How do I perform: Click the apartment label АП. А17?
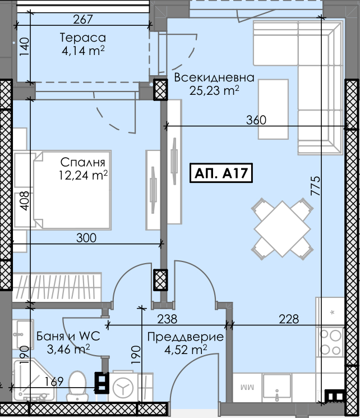tap(221, 173)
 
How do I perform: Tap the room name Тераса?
tap(83, 38)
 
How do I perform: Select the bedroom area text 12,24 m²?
tap(84, 175)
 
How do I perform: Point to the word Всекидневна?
tap(214, 77)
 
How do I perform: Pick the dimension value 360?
tap(256, 120)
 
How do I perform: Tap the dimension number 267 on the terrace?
tap(83, 19)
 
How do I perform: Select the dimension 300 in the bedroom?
tap(86, 238)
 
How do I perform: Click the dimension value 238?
tap(167, 319)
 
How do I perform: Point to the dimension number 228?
tap(289, 319)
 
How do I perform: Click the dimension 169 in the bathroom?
tap(54, 382)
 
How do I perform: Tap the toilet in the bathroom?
tap(77, 386)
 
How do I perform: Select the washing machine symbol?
tap(123, 387)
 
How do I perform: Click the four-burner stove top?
tap(331, 342)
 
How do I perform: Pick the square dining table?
tap(282, 228)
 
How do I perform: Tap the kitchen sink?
tap(277, 387)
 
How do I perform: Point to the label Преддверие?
tap(186, 337)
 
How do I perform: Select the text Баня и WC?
tap(68, 336)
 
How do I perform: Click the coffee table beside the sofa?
tap(274, 109)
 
